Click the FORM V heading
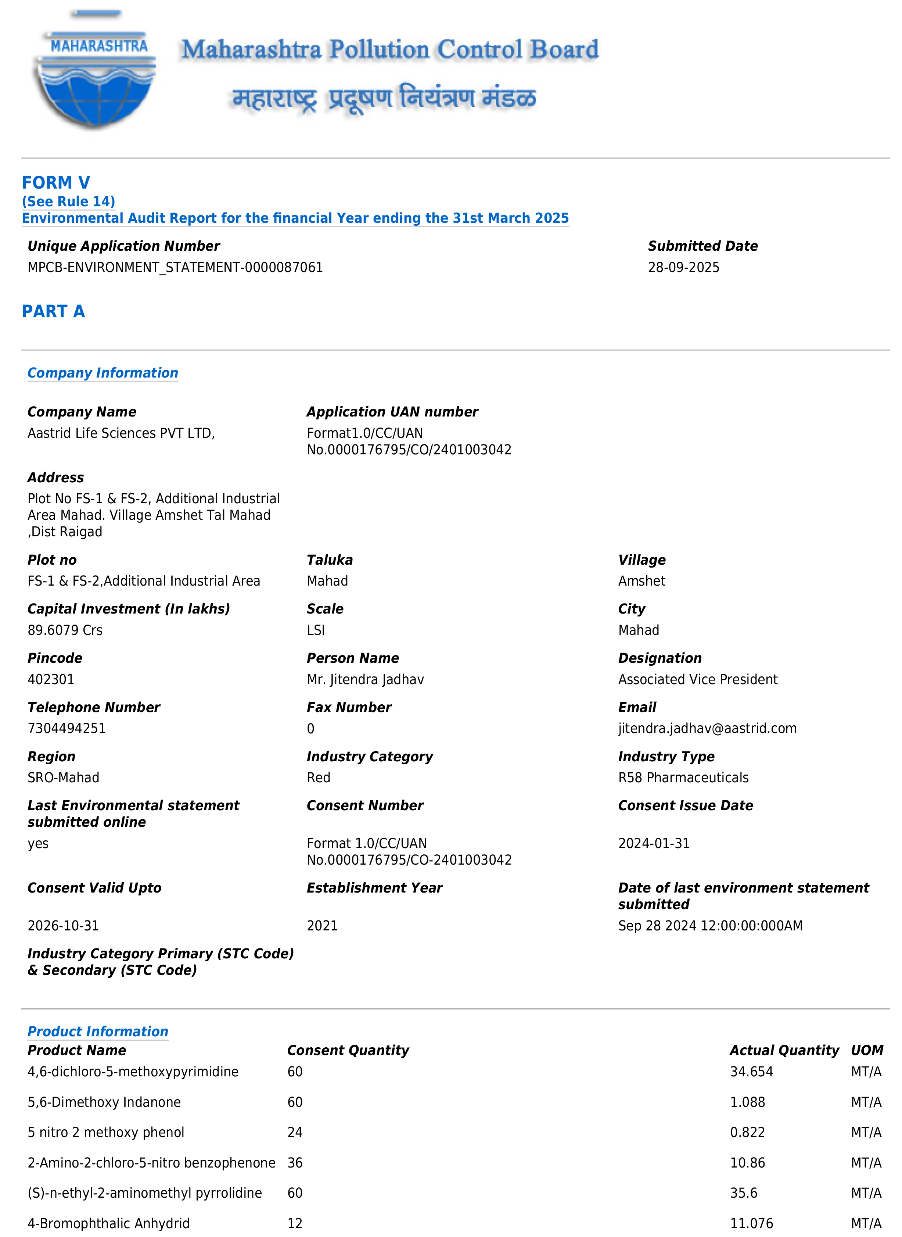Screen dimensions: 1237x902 click(56, 182)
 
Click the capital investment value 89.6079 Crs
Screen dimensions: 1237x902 click(65, 630)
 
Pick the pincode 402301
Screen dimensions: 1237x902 click(51, 679)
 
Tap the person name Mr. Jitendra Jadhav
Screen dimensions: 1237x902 click(365, 679)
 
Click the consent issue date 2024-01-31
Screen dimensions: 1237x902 click(654, 843)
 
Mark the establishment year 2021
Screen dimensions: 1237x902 click(322, 925)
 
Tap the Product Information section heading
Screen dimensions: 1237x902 click(98, 1031)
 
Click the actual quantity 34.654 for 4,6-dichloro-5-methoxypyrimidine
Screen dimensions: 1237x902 click(751, 1072)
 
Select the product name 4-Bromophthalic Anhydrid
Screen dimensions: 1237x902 click(109, 1223)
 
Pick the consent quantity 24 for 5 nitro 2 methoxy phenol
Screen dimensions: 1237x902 click(295, 1132)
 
